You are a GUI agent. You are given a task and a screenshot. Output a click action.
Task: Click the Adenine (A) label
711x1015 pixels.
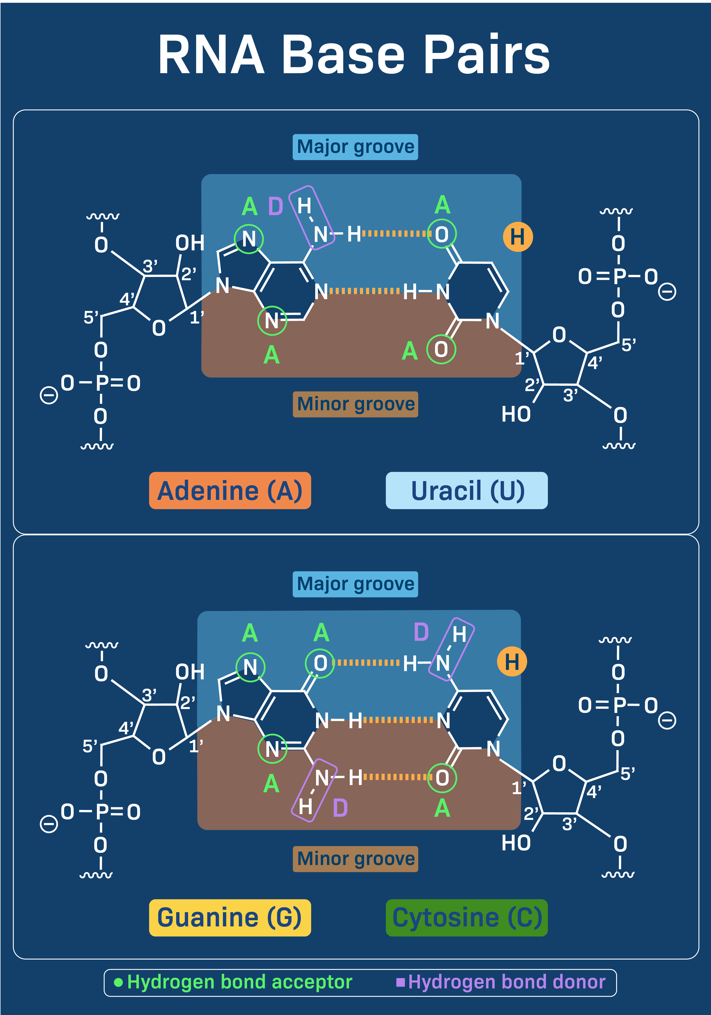click(x=230, y=491)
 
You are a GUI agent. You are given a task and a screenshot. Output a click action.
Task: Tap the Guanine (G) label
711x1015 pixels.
click(x=230, y=917)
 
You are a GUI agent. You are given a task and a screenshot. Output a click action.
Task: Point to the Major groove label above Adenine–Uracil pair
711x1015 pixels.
click(x=355, y=147)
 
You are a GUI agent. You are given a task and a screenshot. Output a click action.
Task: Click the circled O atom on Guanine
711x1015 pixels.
click(x=320, y=663)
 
